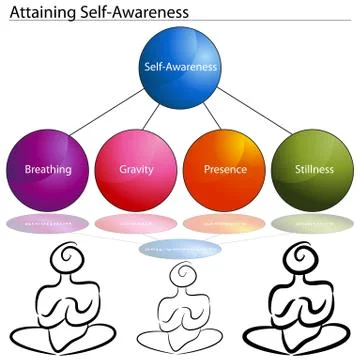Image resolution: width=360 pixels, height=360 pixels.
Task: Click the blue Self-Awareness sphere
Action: tap(180, 68)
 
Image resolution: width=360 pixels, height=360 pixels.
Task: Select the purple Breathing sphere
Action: tap(47, 167)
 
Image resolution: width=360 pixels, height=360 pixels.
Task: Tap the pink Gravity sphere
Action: tap(136, 167)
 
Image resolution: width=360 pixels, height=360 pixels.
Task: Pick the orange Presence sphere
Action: tap(225, 167)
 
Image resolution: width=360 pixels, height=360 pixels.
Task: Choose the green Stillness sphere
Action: tap(313, 167)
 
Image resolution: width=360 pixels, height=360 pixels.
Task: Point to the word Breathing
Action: tap(48, 170)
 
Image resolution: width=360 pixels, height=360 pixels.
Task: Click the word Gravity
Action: tap(136, 170)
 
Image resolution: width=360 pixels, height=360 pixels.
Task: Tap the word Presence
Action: tap(225, 170)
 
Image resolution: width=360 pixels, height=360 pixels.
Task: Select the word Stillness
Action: tap(313, 170)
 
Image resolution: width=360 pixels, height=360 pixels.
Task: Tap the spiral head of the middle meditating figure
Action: tap(181, 278)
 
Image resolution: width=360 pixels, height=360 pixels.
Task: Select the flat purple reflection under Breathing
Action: tap(47, 223)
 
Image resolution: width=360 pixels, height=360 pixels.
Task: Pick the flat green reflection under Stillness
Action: tap(313, 223)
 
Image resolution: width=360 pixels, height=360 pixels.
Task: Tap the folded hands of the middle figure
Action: tap(180, 318)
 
